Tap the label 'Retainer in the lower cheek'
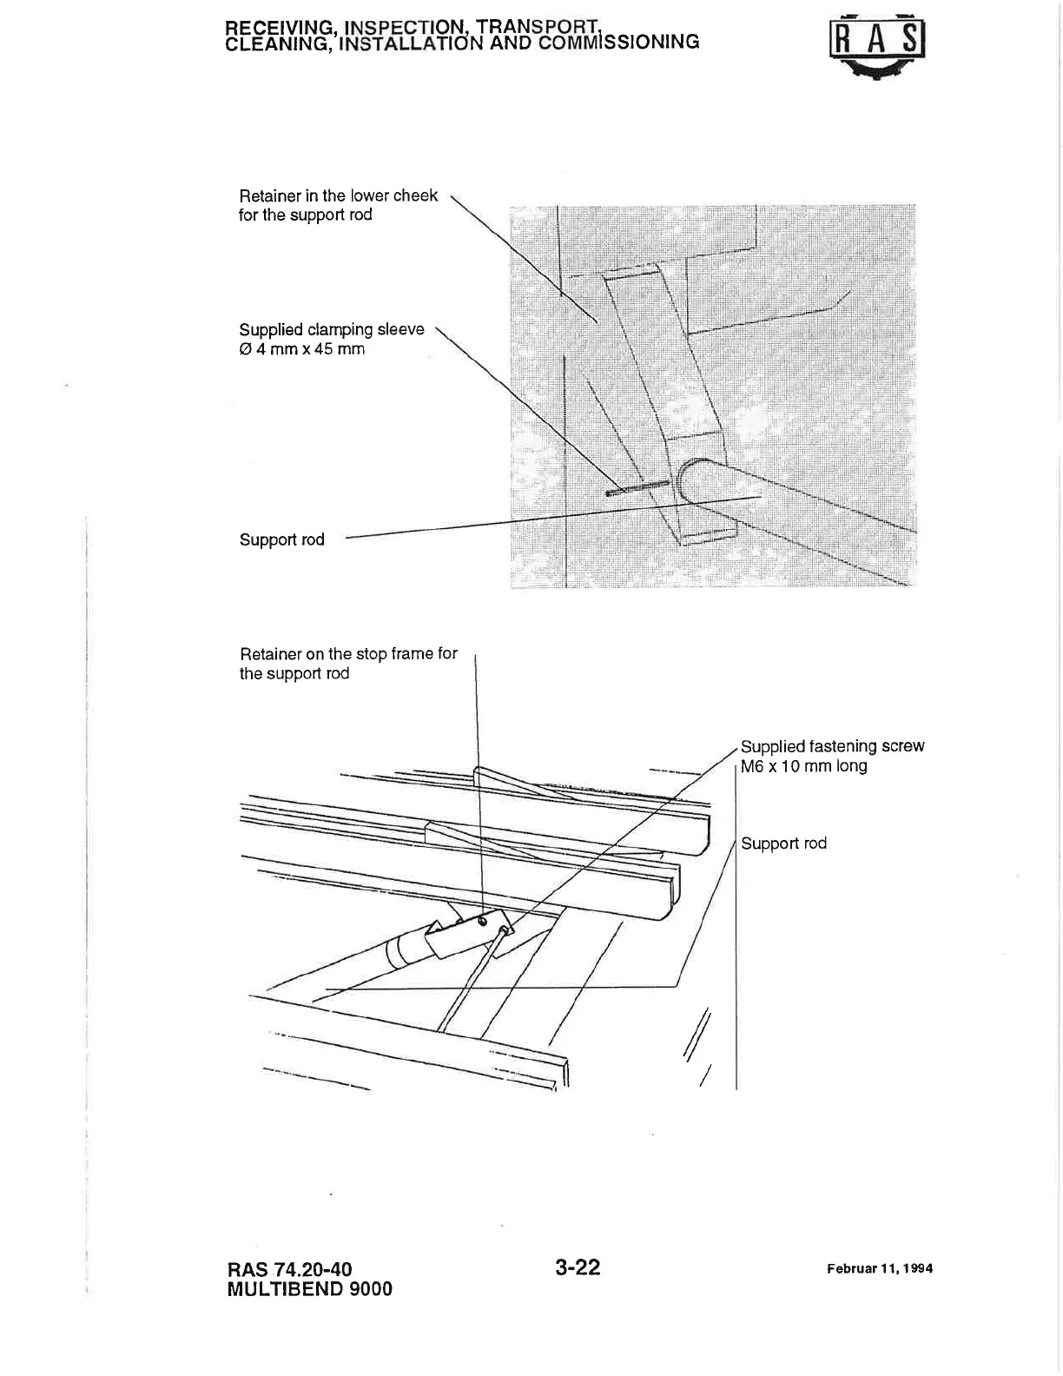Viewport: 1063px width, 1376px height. click(x=338, y=195)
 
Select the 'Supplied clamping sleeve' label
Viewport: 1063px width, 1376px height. click(x=332, y=329)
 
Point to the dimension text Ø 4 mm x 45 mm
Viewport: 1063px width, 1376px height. click(x=301, y=349)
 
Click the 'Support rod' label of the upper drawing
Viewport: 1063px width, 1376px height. click(x=281, y=539)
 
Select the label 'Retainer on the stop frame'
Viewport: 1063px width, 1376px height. click(x=347, y=653)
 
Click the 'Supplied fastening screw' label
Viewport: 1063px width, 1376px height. click(x=832, y=746)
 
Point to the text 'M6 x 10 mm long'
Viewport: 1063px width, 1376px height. click(x=803, y=766)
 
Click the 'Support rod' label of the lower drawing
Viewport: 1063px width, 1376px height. click(x=783, y=843)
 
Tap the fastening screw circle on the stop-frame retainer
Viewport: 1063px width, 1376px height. click(x=482, y=922)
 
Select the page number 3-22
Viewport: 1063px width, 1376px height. click(x=578, y=1267)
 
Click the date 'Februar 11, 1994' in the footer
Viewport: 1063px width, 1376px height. click(x=880, y=1268)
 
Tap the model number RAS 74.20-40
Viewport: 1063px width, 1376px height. click(x=289, y=1269)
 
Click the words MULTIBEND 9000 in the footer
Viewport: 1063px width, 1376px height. click(x=309, y=1289)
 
